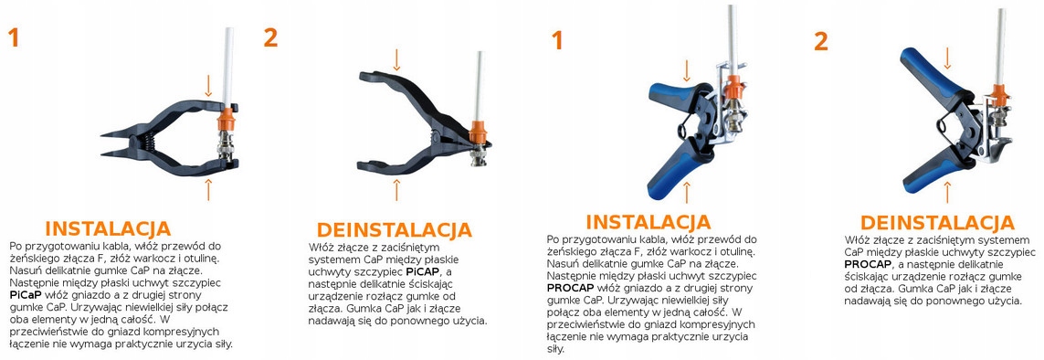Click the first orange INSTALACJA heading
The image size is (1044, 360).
point(107,229)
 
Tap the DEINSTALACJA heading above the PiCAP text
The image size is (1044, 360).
point(395,230)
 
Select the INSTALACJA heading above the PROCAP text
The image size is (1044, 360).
point(648,221)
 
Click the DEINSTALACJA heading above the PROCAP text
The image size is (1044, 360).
point(937,222)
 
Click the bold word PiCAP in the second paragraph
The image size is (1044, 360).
point(422,272)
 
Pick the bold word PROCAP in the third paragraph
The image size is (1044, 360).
point(571,288)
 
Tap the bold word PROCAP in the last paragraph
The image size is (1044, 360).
point(869,265)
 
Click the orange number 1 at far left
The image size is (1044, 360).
point(14,38)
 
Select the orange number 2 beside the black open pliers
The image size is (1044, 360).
point(270,38)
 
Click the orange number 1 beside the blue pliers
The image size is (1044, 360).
point(556,40)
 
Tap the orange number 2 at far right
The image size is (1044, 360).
point(821,42)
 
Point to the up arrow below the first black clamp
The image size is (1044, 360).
point(208,189)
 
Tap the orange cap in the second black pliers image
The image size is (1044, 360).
point(478,131)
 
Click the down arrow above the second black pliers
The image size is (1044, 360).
point(396,60)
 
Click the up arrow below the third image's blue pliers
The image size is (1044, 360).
point(688,192)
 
